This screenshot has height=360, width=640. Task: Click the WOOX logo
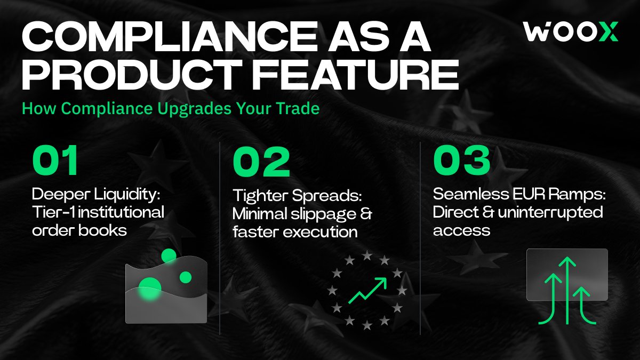point(571,31)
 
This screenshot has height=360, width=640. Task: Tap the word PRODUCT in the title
point(133,74)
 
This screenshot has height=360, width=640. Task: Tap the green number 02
point(261,161)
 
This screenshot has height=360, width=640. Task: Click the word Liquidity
point(127,195)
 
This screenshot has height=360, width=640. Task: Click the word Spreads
point(327,196)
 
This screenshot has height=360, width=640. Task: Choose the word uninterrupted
point(550,213)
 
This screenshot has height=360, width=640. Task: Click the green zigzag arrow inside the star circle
point(367,290)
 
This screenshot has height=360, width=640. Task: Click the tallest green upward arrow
point(567,291)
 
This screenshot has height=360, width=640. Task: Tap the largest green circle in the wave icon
point(150,289)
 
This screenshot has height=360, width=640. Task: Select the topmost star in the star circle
point(367,255)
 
